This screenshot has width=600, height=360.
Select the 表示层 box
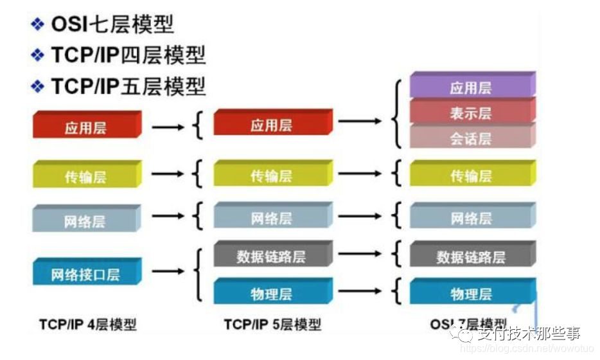click(470, 113)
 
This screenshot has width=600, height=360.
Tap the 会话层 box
click(470, 138)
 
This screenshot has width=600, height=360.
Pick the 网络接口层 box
click(85, 274)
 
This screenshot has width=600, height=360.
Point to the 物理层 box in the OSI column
click(470, 294)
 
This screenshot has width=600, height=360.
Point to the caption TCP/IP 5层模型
click(272, 323)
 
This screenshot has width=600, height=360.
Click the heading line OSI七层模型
click(112, 25)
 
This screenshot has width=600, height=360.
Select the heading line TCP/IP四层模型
click(128, 55)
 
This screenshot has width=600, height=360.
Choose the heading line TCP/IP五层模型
click(128, 85)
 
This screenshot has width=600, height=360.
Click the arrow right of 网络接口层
click(168, 271)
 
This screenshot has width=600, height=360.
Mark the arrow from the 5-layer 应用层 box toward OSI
click(360, 120)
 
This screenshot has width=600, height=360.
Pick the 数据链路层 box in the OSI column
click(470, 256)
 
